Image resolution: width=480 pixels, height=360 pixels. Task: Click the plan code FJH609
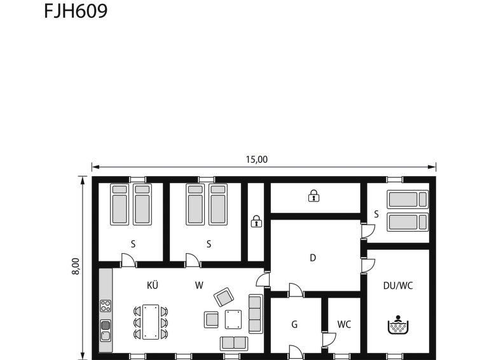(x=76, y=11)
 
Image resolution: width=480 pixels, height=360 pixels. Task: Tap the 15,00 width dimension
(x=257, y=160)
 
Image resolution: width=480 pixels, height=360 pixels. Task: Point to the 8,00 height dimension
(x=75, y=267)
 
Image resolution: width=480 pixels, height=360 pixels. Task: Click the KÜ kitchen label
(x=153, y=285)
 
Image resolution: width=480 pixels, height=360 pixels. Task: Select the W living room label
(x=199, y=286)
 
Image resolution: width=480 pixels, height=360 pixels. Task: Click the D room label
(x=313, y=258)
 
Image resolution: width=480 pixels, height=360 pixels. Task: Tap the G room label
(x=294, y=324)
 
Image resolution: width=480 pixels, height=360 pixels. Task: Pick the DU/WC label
(x=398, y=286)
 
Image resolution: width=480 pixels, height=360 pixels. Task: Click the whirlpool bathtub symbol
(x=398, y=324)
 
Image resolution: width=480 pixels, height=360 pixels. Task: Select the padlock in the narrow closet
(x=256, y=221)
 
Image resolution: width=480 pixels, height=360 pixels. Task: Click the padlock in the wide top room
(x=313, y=195)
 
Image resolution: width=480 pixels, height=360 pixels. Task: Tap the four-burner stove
(x=106, y=306)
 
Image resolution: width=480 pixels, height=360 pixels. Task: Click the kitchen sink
(x=106, y=330)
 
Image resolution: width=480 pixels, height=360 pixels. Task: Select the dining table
(x=151, y=322)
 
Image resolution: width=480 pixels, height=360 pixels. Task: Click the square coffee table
(x=233, y=319)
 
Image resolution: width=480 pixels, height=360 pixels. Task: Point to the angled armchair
(x=224, y=297)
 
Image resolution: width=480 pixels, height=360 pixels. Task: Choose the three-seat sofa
(x=256, y=314)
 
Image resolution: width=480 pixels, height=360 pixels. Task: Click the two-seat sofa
(x=234, y=343)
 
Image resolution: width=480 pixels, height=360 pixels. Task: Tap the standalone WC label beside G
(x=344, y=324)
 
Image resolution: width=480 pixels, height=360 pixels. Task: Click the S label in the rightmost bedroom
(x=376, y=214)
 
